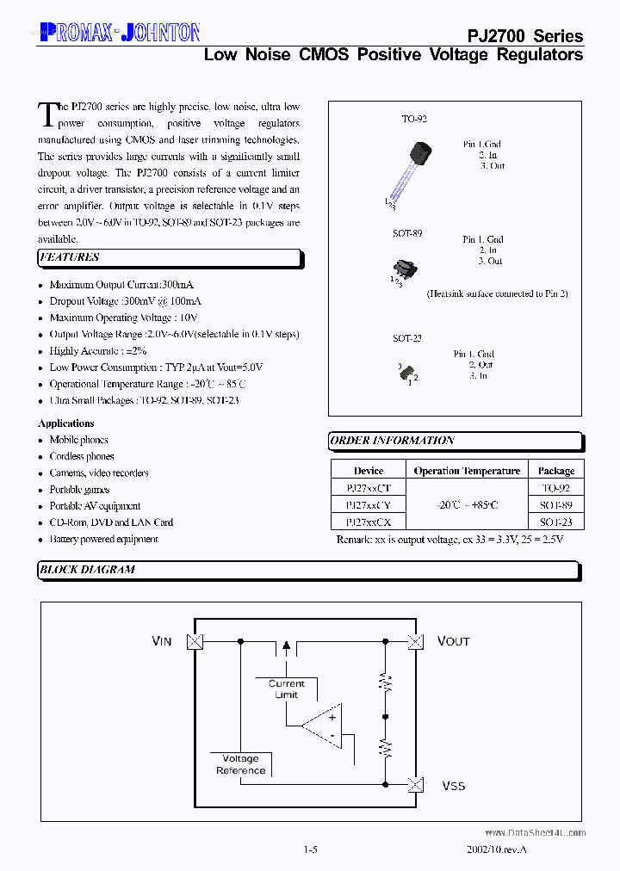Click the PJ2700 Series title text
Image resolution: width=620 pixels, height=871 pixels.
(x=524, y=36)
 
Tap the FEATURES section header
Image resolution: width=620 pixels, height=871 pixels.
(x=69, y=257)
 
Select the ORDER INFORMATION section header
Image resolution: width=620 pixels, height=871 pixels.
(x=393, y=441)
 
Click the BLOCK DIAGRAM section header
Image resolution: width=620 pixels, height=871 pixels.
(x=86, y=570)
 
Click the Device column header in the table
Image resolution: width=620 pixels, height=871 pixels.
(x=369, y=471)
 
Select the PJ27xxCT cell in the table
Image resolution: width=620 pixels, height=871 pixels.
(x=369, y=488)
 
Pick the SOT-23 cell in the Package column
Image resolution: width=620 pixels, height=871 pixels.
(x=555, y=522)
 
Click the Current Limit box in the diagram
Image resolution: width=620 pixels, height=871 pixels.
(x=286, y=689)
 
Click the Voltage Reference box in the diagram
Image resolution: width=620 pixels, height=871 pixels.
(x=240, y=764)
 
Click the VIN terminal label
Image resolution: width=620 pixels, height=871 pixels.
(x=162, y=641)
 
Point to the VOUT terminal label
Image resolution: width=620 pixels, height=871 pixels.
(x=453, y=641)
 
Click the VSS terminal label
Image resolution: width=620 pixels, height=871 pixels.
(x=453, y=786)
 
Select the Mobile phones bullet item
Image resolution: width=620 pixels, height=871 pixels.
(x=78, y=440)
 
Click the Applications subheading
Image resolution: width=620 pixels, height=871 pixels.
(x=66, y=423)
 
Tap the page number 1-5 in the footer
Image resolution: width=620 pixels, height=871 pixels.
(x=311, y=849)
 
